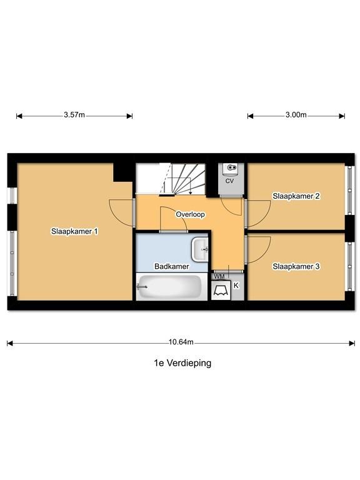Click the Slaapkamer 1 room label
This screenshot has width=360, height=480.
(x=74, y=231)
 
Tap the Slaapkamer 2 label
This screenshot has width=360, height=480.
(x=296, y=196)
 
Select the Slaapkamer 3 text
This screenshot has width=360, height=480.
(x=296, y=266)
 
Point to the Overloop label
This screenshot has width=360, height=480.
(x=190, y=214)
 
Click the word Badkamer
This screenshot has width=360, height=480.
(x=171, y=266)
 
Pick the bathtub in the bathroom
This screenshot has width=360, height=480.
(x=169, y=287)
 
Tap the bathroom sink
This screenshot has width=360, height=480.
(x=200, y=249)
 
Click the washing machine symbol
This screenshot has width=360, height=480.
(x=221, y=290)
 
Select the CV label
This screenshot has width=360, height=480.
(x=229, y=181)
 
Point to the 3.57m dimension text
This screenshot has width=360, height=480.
(x=74, y=115)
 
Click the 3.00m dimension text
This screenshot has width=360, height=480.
(x=296, y=115)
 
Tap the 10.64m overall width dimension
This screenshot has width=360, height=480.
(x=181, y=342)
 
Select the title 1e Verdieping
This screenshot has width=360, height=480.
(x=182, y=363)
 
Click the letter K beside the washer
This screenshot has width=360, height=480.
(x=236, y=286)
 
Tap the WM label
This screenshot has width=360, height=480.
(x=219, y=276)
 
